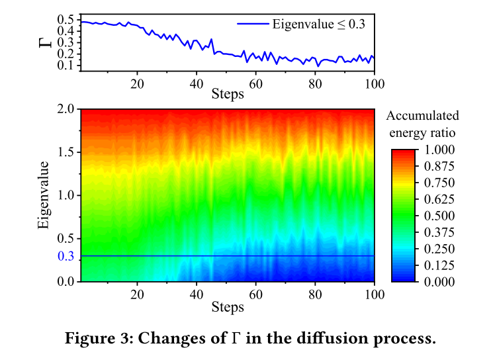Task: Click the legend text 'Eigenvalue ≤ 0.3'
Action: (x=319, y=24)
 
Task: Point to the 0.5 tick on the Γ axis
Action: (x=66, y=21)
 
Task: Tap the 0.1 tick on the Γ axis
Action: (x=66, y=66)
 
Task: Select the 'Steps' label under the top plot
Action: (x=228, y=94)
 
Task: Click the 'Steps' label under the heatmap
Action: (x=228, y=307)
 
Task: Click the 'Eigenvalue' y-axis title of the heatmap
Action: (x=44, y=195)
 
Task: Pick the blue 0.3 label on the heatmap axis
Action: (x=66, y=256)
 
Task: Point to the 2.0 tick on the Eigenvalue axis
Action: (x=66, y=109)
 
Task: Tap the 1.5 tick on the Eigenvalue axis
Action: (x=66, y=153)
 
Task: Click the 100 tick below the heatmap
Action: (x=375, y=294)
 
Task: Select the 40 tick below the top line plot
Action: (x=196, y=83)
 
